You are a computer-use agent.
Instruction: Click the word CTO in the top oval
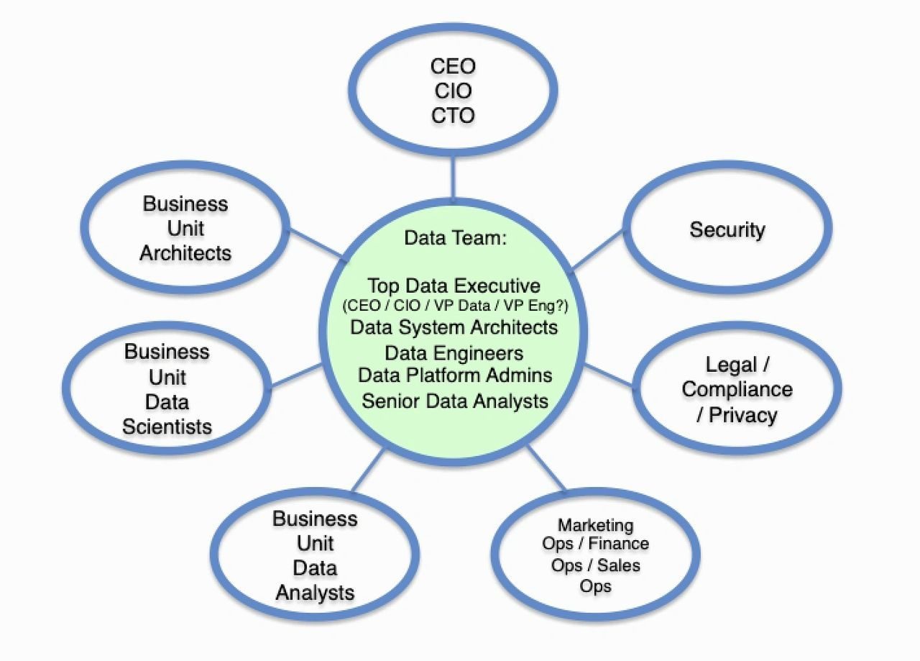[453, 116]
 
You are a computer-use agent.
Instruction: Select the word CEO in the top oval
[453, 66]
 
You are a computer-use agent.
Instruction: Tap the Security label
[727, 230]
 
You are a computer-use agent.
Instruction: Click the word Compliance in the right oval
[737, 390]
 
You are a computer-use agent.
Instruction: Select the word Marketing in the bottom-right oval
[596, 525]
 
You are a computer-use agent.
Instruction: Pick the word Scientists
[167, 427]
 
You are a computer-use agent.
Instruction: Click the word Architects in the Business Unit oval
[185, 253]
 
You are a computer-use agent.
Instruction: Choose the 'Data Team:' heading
[455, 238]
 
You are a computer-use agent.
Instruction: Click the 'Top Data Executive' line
[454, 286]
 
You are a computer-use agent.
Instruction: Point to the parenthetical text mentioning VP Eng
[455, 306]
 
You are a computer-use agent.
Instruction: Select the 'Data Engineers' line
[454, 353]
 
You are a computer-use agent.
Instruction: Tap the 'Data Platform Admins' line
[455, 376]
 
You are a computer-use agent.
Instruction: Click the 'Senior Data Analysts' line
[455, 401]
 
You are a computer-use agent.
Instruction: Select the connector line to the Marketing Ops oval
[546, 468]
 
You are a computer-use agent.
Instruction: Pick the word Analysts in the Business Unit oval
[315, 593]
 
